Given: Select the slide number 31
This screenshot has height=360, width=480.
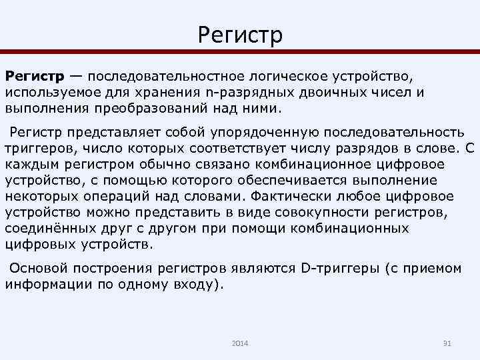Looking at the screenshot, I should pyautogui.click(x=447, y=343).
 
